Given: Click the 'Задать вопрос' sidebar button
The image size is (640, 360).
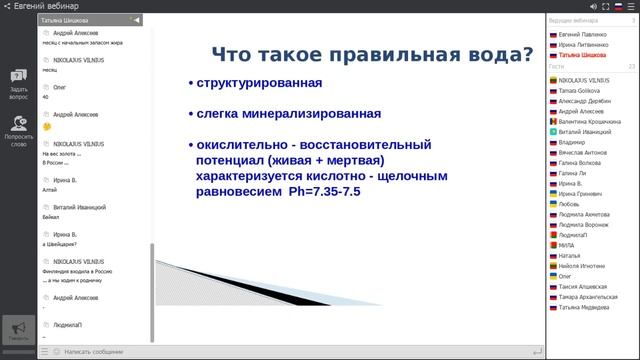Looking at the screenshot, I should (x=18, y=85).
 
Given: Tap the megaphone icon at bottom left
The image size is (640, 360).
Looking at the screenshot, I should (x=18, y=331).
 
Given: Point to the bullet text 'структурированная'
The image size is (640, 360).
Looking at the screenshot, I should (x=259, y=82).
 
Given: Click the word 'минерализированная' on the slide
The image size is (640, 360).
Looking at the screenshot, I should (x=310, y=113).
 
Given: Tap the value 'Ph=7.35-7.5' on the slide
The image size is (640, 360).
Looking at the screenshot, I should (x=331, y=190).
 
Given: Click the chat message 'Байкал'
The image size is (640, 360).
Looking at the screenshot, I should (x=52, y=215).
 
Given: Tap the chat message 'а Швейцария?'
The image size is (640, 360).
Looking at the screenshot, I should (x=60, y=244).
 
